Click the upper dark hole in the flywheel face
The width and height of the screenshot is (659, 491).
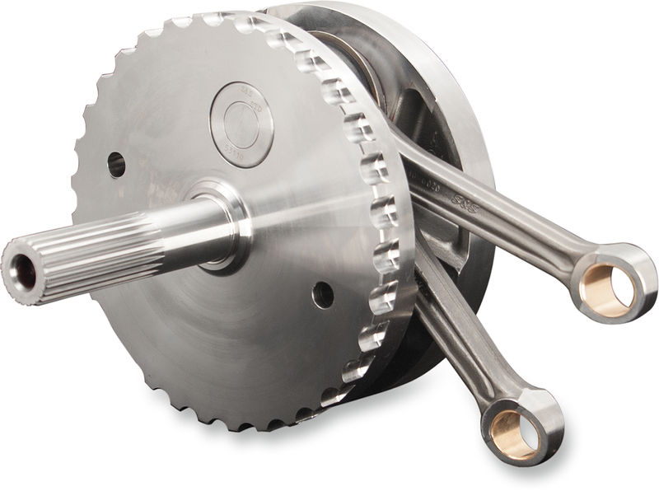click(x=116, y=164)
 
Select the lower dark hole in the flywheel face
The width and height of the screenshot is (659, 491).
click(x=323, y=294)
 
